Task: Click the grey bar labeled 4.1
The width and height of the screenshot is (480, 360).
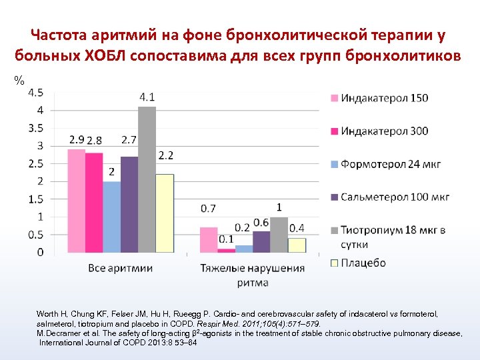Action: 147,180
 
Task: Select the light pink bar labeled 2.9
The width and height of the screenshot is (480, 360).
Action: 77,201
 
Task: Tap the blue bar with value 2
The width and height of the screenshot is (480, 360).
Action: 112,217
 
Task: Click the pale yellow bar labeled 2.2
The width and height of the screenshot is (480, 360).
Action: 165,213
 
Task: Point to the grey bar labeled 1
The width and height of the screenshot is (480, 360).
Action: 279,235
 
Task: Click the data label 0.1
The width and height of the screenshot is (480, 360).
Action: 226,239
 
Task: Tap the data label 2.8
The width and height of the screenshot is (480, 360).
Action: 95,140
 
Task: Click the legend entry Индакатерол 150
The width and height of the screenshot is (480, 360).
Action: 384,99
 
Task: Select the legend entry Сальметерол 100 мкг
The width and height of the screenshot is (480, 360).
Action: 394,197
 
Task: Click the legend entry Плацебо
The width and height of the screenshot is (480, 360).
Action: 363,263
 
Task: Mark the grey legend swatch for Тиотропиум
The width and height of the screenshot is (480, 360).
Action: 335,230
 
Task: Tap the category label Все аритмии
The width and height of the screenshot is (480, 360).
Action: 121,268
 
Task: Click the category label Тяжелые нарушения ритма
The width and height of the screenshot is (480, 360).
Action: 253,275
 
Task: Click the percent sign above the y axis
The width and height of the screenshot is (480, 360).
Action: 19,81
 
